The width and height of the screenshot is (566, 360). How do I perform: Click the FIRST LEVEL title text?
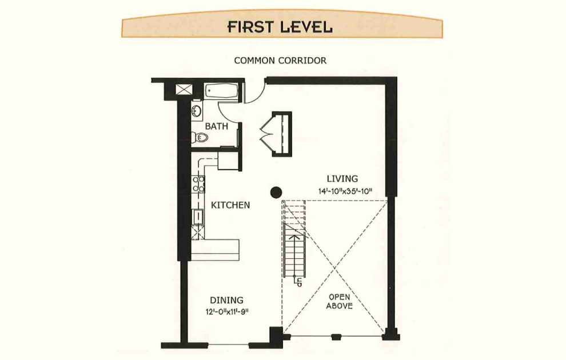[x=280, y=27]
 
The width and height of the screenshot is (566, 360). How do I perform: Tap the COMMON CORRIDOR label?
[x=280, y=61]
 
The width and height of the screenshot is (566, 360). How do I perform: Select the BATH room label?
[x=217, y=126]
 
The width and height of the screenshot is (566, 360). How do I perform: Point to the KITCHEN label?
[x=230, y=205]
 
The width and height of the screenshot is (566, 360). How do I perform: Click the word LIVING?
[x=342, y=178]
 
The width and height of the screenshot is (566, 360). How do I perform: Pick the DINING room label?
[x=227, y=300]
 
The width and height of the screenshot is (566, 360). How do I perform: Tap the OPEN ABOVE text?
[x=339, y=302]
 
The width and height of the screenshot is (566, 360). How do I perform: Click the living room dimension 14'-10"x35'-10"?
[x=345, y=191]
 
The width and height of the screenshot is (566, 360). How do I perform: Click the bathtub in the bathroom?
[x=222, y=91]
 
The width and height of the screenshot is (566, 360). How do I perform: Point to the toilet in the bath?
[x=200, y=138]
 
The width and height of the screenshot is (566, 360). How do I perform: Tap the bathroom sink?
[x=196, y=111]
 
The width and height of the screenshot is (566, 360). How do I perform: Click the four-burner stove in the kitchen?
[x=198, y=184]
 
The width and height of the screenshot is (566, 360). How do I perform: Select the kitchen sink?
[x=198, y=217]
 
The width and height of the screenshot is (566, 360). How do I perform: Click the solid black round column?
[x=276, y=192]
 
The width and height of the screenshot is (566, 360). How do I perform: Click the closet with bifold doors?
[x=277, y=134]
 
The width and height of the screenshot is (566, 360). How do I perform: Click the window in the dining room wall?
[x=228, y=346]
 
